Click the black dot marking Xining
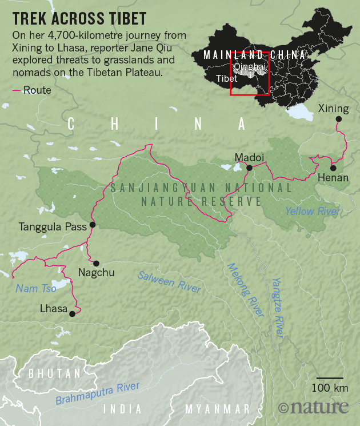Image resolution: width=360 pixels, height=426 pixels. click(338, 119)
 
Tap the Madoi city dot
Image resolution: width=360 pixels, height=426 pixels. click(249, 168)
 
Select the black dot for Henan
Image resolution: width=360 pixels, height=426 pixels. click(333, 168)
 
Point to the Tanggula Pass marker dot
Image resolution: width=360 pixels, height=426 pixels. click(93, 225)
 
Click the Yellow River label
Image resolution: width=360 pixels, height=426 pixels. click(313, 211)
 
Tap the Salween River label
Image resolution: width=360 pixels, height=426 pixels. click(169, 281)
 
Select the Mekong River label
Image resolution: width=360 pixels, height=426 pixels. click(246, 289)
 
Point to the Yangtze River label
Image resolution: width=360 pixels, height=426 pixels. click(278, 306)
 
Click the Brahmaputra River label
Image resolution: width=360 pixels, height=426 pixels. click(98, 394)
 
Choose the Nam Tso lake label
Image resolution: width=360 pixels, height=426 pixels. click(36, 289)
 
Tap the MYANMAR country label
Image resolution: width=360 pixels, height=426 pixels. click(218, 409)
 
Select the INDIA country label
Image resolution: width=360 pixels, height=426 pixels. click(123, 409)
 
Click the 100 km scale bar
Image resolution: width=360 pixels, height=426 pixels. click(330, 379)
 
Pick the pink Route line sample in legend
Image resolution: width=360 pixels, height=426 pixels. click(17, 90)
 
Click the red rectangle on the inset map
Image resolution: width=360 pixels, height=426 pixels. click(249, 74)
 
